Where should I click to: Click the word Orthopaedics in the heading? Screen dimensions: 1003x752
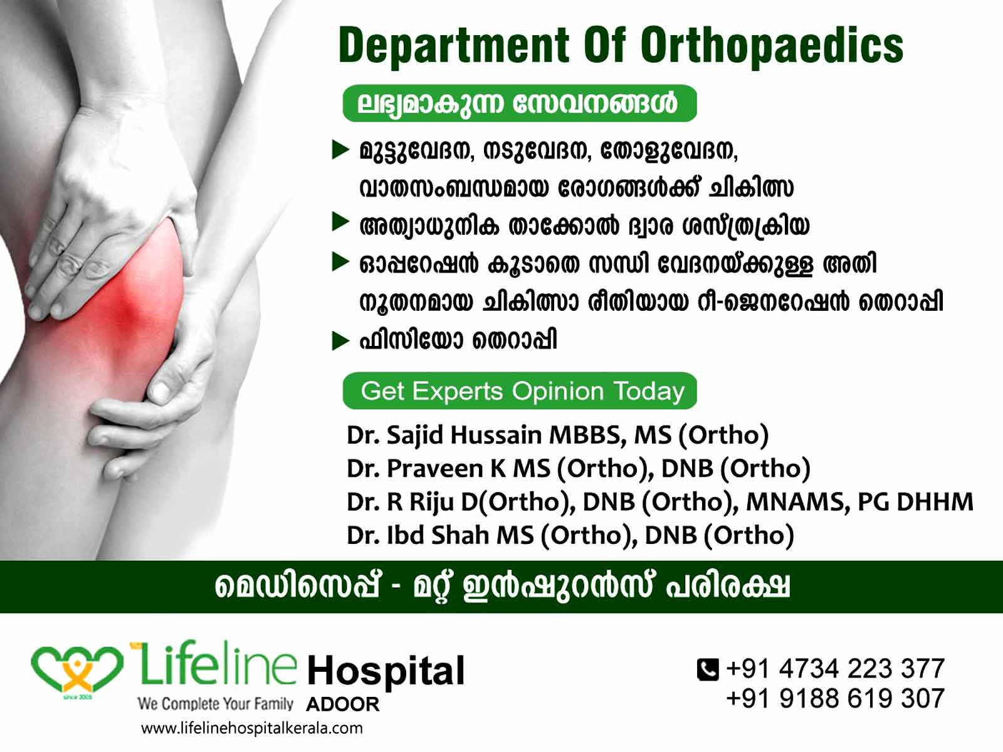[772, 46]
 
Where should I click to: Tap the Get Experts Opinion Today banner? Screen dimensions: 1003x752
[520, 391]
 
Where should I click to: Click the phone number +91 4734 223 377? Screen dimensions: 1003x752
[835, 669]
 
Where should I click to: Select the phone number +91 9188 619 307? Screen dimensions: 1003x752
[835, 698]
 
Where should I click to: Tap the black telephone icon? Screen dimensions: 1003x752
[708, 669]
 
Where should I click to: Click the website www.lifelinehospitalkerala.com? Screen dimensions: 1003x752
[252, 728]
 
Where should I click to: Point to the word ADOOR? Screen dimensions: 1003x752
[343, 704]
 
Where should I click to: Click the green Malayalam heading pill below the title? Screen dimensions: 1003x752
[520, 103]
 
